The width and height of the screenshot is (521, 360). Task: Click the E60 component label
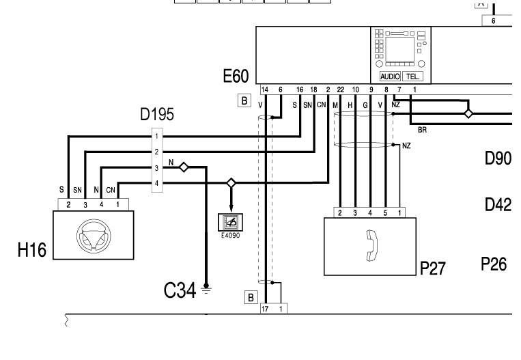(236, 75)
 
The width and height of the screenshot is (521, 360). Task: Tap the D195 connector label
(156, 115)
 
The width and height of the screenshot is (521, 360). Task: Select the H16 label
(32, 251)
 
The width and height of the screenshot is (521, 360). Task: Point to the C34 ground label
(180, 290)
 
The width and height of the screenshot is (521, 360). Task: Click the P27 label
(432, 268)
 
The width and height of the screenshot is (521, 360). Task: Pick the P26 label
(494, 264)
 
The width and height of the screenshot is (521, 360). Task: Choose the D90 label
(498, 158)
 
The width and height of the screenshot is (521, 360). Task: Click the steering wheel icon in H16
(93, 235)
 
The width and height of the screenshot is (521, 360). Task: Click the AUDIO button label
(390, 77)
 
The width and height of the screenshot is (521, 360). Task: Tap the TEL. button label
(412, 77)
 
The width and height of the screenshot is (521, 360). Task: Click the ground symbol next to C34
(205, 288)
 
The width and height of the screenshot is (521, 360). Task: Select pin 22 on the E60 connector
(340, 89)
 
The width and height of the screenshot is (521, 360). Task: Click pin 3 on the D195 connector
(156, 167)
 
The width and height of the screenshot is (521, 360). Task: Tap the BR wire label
(421, 128)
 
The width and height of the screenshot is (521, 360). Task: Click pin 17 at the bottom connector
(266, 309)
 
